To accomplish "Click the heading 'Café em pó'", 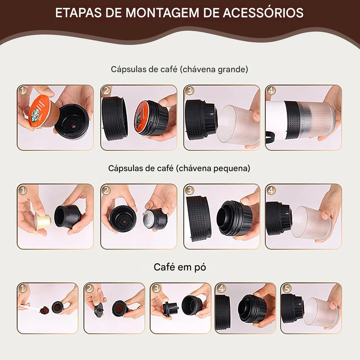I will (180, 267).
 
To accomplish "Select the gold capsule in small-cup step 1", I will (43, 220).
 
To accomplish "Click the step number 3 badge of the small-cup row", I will (190, 190).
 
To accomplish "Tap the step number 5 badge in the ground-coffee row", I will (286, 288).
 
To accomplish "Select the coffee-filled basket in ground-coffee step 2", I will (120, 308).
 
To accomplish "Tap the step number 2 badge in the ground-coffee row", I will (90, 288).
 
